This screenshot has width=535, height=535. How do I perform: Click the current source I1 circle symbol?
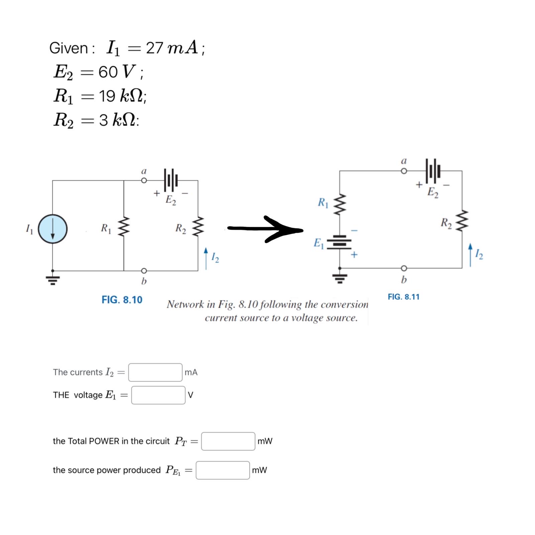[53, 229]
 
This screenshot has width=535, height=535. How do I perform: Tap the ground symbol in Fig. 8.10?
[53, 279]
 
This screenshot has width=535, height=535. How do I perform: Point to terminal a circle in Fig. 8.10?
[144, 181]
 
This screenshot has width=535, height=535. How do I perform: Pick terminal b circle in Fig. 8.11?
[404, 268]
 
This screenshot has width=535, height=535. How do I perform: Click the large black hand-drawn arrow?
[266, 229]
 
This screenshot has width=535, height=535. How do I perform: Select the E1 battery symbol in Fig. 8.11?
[339, 242]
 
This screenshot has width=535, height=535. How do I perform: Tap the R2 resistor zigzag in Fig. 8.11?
[462, 221]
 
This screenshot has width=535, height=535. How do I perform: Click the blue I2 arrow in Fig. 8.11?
[470, 255]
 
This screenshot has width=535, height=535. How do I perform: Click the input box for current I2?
[155, 372]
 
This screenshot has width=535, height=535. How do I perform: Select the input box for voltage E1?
[158, 395]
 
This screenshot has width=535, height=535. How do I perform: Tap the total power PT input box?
[228, 441]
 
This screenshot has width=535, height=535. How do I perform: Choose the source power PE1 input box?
[223, 470]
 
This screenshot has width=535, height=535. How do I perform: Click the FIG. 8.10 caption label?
[122, 300]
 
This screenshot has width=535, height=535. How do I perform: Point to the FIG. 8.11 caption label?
[403, 297]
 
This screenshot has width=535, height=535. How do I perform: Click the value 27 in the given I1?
[154, 48]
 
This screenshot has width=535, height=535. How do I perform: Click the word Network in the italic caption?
[185, 304]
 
